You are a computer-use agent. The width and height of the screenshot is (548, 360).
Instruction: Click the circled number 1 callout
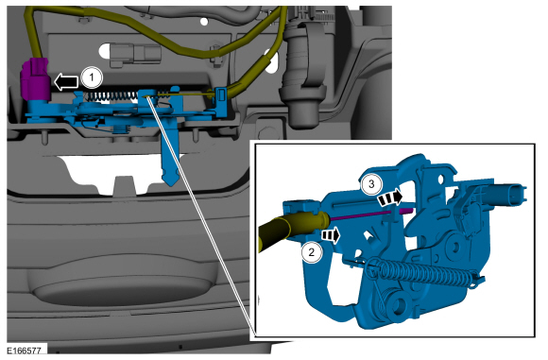pyautogui.click(x=92, y=77)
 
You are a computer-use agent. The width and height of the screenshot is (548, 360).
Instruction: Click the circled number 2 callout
pyautogui.click(x=312, y=251)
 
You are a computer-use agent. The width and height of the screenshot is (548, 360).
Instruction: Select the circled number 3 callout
pyautogui.click(x=371, y=183)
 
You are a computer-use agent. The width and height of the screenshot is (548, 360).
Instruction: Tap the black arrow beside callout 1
pyautogui.click(x=66, y=82)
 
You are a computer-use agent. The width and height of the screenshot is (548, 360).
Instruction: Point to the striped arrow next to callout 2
pyautogui.click(x=331, y=235)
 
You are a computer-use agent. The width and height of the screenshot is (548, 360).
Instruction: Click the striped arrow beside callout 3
pyautogui.click(x=390, y=198)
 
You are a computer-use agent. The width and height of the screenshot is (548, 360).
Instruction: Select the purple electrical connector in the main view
pyautogui.click(x=34, y=80)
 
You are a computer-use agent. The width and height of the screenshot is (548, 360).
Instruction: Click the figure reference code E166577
pyautogui.click(x=25, y=350)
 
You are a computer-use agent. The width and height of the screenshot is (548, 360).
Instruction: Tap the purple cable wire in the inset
pyautogui.click(x=371, y=214)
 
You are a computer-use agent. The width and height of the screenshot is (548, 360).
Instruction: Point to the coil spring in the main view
pyautogui.click(x=111, y=95)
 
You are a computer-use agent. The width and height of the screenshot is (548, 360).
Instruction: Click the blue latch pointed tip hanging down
pyautogui.click(x=171, y=175)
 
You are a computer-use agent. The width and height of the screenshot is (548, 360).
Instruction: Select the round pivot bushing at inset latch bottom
pyautogui.click(x=400, y=303)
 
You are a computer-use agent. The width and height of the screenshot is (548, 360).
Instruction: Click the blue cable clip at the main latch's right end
pyautogui.click(x=221, y=102)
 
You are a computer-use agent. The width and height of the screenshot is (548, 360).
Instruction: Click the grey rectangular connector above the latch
pyautogui.click(x=136, y=55)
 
